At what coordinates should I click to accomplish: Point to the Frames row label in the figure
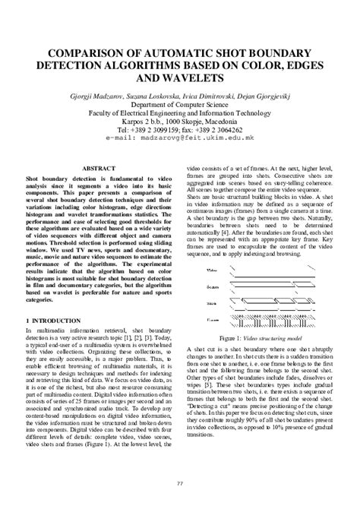pos(213,321)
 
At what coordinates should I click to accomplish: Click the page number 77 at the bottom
pos(180,484)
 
